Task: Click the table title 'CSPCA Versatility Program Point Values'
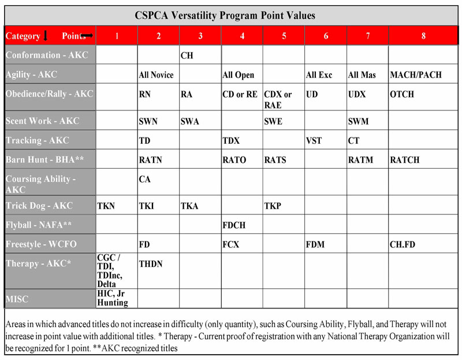(225, 16)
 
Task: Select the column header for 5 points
(284, 36)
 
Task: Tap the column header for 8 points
(423, 36)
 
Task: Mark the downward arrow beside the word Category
(46, 35)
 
